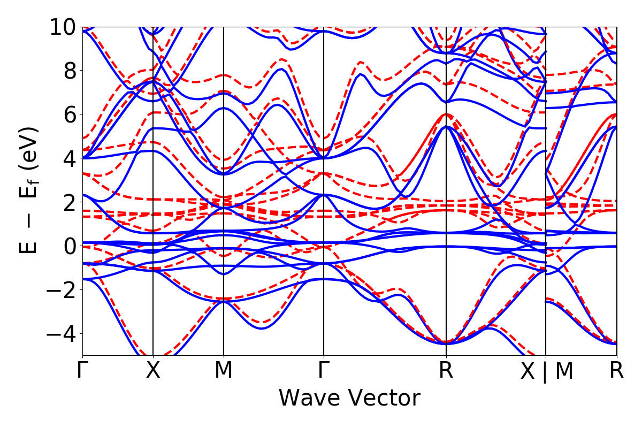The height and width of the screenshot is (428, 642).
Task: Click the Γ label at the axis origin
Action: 82,371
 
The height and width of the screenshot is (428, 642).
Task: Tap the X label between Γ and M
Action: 153,371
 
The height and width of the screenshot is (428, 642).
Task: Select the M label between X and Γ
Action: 223,371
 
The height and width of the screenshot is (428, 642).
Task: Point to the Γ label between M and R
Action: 324,371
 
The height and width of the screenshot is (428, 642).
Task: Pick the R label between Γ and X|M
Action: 446,371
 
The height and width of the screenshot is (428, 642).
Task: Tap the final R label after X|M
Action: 617,371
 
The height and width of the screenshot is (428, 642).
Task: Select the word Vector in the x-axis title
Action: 385,399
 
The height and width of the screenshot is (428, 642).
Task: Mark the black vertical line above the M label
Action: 223,160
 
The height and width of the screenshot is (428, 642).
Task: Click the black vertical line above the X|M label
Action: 545,160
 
